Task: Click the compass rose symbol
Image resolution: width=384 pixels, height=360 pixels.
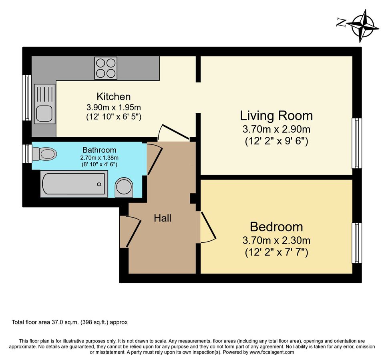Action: [x=362, y=26]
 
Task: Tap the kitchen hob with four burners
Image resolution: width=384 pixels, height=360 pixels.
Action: [x=106, y=68]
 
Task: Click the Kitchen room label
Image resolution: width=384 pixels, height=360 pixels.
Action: [x=114, y=96]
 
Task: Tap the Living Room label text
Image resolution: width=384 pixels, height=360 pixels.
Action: [x=276, y=116]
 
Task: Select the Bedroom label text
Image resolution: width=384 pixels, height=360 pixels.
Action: [x=276, y=227]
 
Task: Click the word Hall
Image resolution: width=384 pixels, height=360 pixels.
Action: [x=163, y=218]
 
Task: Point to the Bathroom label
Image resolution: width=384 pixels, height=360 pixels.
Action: [x=99, y=150]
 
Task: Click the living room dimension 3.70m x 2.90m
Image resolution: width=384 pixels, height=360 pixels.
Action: [x=276, y=129]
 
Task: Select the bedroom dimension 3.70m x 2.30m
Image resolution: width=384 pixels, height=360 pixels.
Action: [x=276, y=240]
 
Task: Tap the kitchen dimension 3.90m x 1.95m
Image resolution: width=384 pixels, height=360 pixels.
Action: [x=114, y=107]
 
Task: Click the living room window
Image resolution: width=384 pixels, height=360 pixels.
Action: [x=356, y=143]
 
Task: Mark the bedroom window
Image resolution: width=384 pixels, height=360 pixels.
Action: [x=356, y=243]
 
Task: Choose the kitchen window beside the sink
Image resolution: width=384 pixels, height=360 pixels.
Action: [x=26, y=98]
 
